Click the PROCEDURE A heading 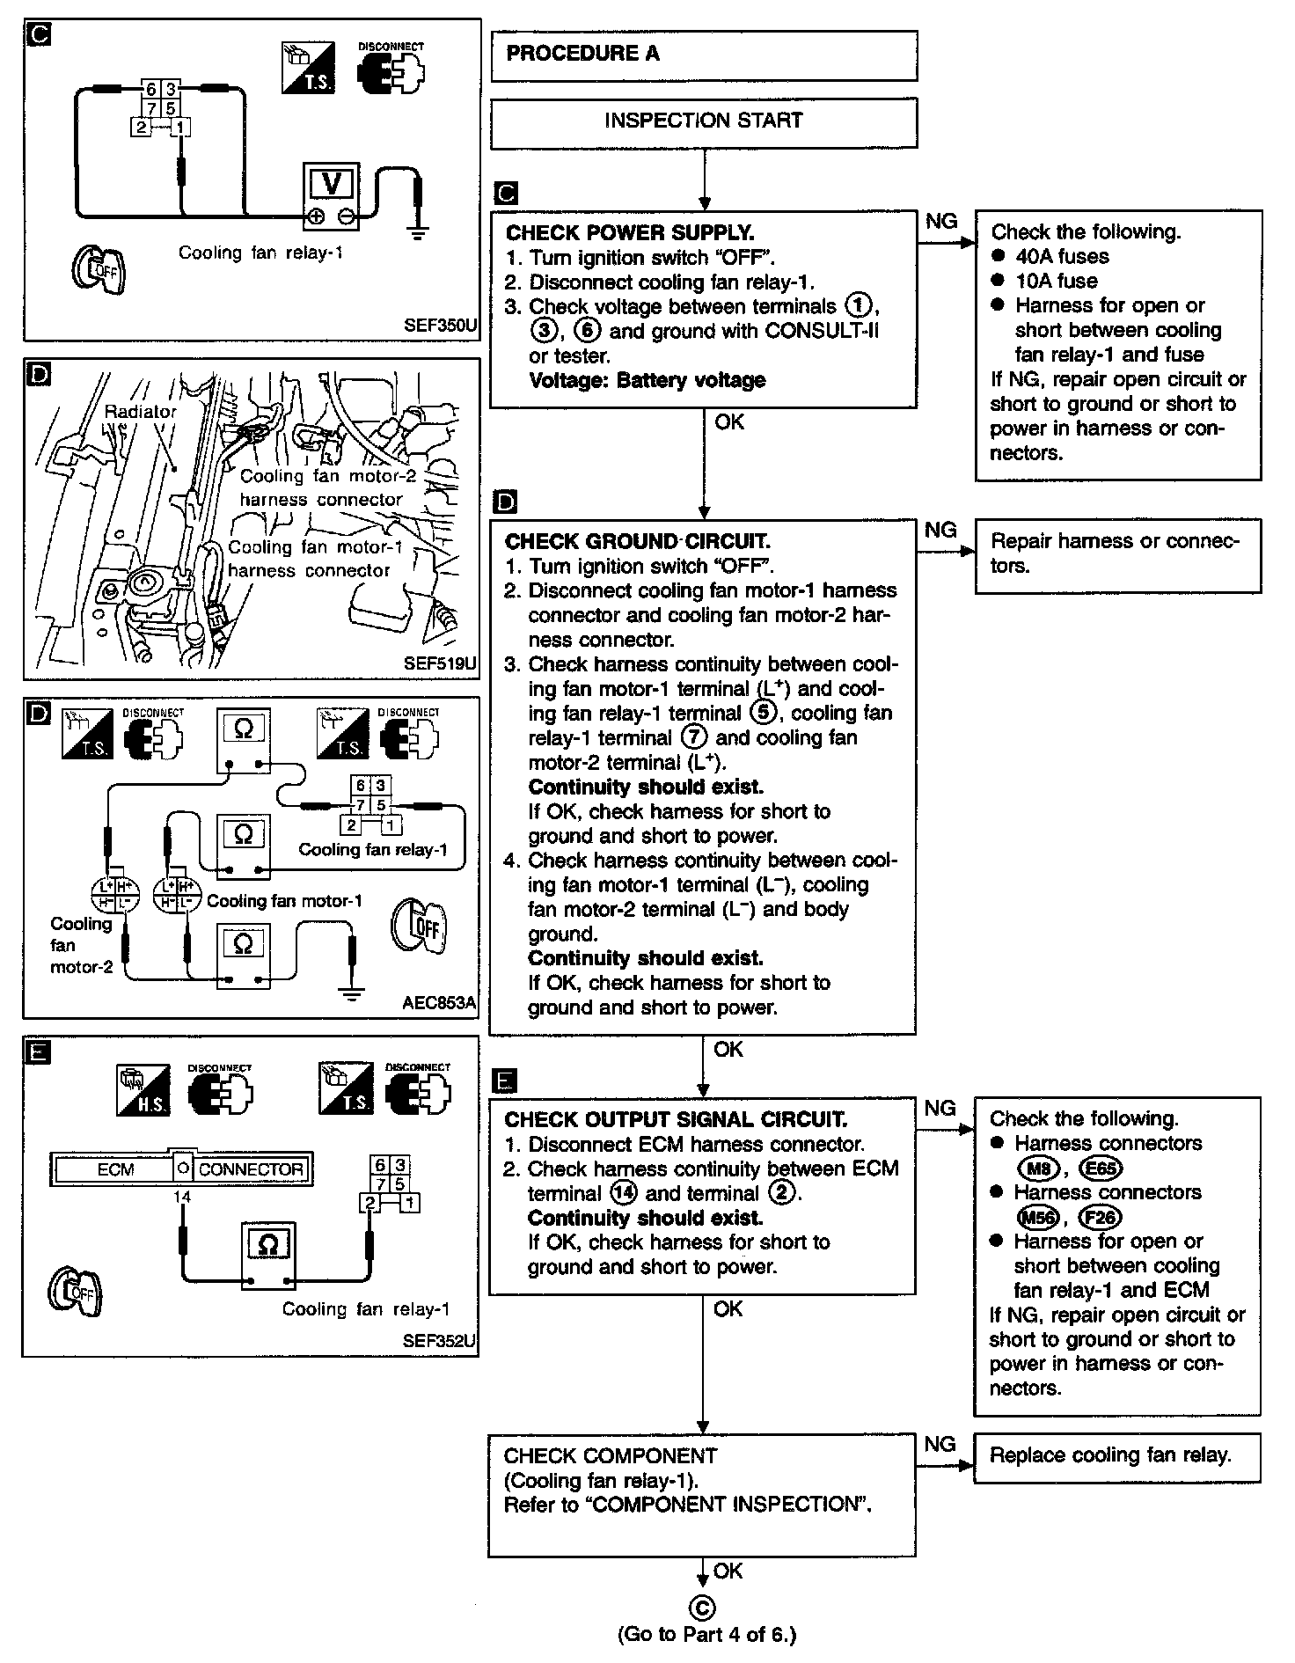(582, 54)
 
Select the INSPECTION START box (703, 121)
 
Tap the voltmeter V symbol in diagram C (333, 183)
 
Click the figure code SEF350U (440, 326)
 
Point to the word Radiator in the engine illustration (141, 411)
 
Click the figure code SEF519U (440, 664)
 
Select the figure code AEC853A (439, 1002)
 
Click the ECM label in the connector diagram (115, 1169)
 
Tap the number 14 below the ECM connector (182, 1197)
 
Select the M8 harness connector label (1038, 1168)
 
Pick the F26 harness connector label (1101, 1218)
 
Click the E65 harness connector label (1101, 1168)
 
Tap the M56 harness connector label (1038, 1218)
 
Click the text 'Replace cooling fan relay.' (1110, 1455)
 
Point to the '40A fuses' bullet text (1062, 257)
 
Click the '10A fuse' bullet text (1056, 282)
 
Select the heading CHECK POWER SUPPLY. (630, 233)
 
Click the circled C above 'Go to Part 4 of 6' (703, 1608)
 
